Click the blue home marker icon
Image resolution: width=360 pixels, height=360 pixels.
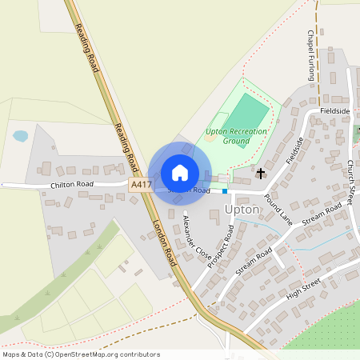pyautogui.click(x=180, y=173)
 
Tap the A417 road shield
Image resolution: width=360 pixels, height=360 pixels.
pyautogui.click(x=141, y=185)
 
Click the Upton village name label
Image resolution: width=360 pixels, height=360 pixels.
pyautogui.click(x=242, y=209)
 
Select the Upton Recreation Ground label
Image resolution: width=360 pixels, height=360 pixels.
pyautogui.click(x=236, y=135)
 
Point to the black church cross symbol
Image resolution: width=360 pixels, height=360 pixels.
pyautogui.click(x=261, y=172)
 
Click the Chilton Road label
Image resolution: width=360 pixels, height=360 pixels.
pyautogui.click(x=72, y=185)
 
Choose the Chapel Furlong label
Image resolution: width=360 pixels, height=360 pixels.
pyautogui.click(x=311, y=56)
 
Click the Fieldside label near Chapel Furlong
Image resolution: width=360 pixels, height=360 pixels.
pyautogui.click(x=334, y=110)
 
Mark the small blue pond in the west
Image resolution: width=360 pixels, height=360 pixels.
pyautogui.click(x=20, y=136)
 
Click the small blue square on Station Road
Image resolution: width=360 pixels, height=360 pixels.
pyautogui.click(x=224, y=191)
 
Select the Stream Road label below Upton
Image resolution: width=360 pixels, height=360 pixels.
pyautogui.click(x=254, y=261)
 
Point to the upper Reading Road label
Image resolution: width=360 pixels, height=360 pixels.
pyautogui.click(x=86, y=48)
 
